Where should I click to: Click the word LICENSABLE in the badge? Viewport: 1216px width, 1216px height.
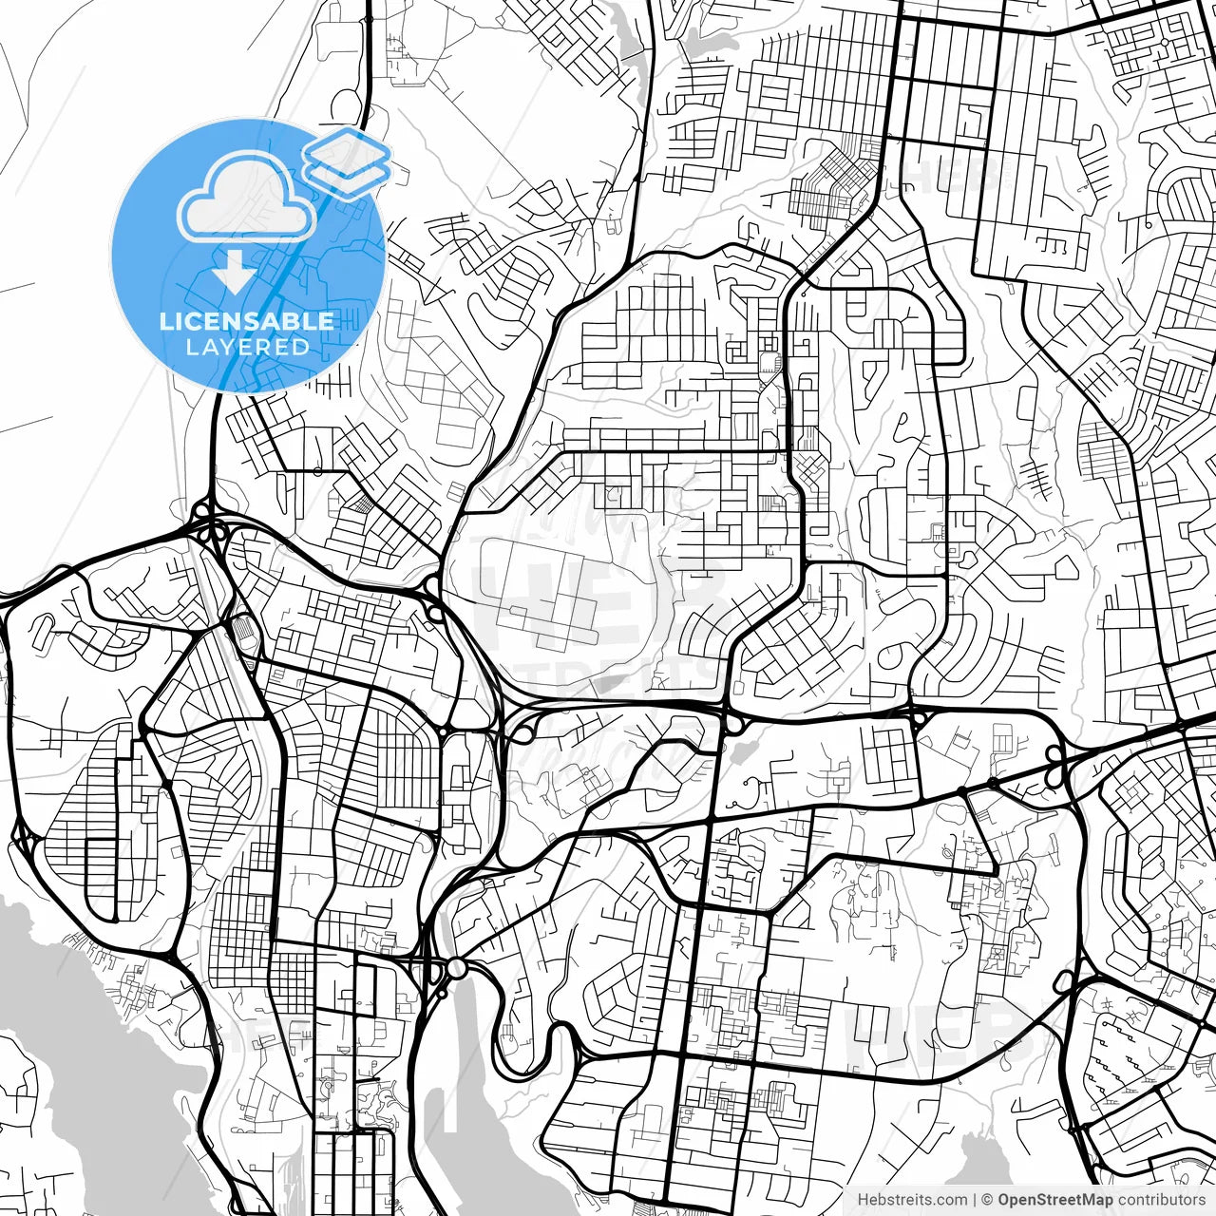[x=247, y=321]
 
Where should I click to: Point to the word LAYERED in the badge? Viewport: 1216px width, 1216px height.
[x=247, y=348]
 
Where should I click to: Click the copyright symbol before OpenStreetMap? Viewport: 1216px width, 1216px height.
[x=988, y=1200]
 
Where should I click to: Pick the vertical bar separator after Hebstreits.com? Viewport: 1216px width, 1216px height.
[x=975, y=1200]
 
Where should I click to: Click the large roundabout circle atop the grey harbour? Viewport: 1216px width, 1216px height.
[x=457, y=968]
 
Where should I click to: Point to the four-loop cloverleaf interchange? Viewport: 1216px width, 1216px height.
[x=206, y=522]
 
